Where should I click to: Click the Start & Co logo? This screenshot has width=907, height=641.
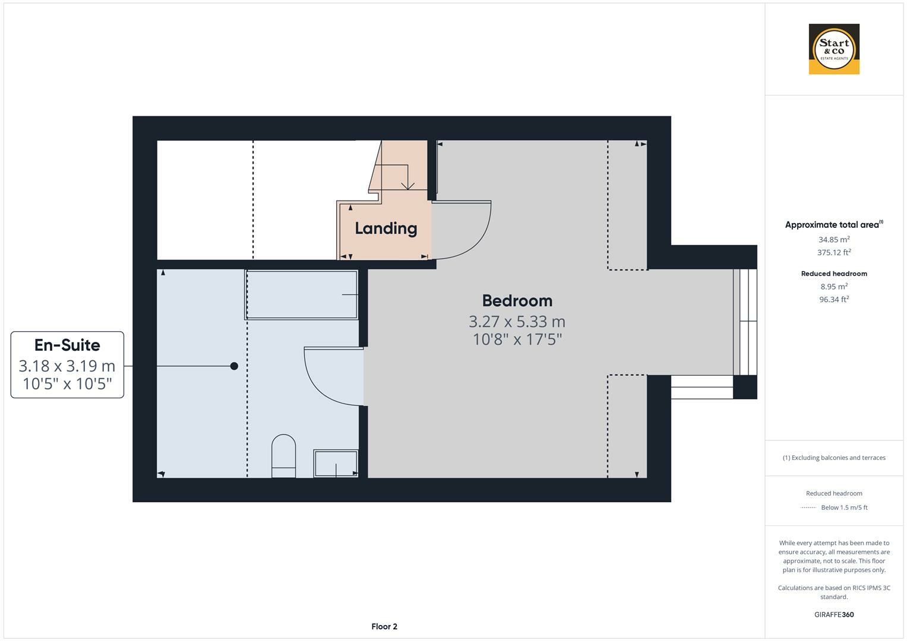point(833,49)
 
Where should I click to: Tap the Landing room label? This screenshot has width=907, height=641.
point(385,229)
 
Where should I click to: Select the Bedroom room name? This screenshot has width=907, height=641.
point(517,301)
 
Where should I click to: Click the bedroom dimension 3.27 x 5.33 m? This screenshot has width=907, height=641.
point(517,322)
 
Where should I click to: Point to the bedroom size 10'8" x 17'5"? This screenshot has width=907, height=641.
point(517,339)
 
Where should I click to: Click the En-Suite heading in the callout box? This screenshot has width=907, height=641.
point(67,345)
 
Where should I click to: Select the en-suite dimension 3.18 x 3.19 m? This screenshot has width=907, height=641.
point(67,366)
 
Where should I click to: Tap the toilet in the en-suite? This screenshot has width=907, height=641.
point(283,456)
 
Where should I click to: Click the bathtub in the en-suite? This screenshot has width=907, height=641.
point(302,294)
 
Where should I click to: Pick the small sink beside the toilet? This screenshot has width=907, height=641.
point(336,463)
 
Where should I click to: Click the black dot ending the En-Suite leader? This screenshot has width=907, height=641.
point(234,366)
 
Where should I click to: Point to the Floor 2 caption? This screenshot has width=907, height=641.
point(384,626)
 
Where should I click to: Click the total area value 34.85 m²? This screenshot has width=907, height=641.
point(833,240)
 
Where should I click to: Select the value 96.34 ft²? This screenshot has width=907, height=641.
point(833,299)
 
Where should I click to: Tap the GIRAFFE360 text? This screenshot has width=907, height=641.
point(833,614)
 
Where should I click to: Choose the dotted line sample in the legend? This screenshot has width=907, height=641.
point(808,507)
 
